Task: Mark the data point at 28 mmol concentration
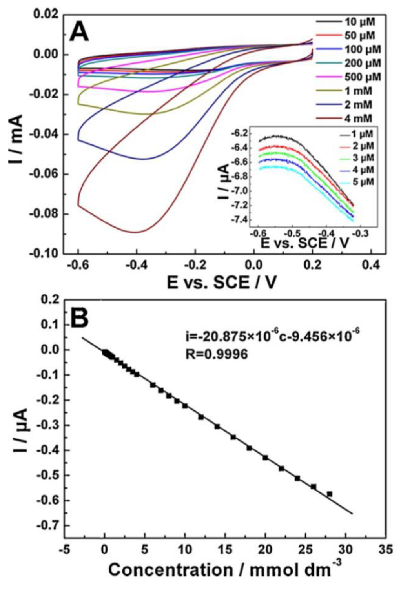[330, 494]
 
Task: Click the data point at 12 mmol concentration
[201, 417]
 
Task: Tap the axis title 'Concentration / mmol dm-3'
[225, 570]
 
